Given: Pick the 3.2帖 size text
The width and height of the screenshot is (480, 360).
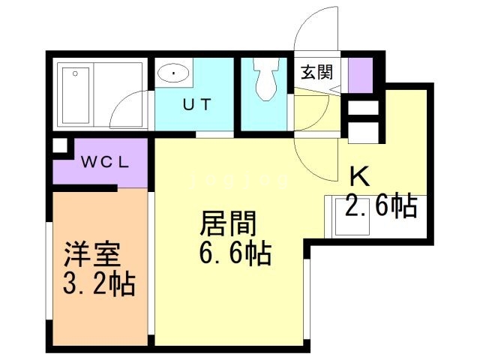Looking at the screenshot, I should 98,284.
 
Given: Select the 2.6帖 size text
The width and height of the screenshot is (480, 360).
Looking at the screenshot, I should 380,205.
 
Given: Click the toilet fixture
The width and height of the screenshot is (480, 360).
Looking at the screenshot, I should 265,79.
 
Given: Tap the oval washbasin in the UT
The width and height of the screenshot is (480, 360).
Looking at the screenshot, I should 173,73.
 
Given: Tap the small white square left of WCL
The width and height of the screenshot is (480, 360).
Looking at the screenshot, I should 59,147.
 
